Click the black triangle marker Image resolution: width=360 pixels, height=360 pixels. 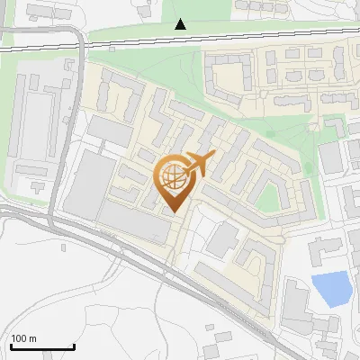tap(181, 24)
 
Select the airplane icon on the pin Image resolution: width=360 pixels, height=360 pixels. tap(199, 165)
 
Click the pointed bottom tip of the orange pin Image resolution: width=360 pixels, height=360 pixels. tap(174, 211)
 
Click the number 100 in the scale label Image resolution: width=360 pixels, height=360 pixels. tap(19, 338)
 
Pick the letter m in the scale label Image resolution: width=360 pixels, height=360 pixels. tap(32, 338)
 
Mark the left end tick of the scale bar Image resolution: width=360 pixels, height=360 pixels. tap(11, 346)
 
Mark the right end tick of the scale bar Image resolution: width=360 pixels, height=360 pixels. tap(74, 346)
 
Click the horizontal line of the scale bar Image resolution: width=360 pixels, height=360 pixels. tap(42, 347)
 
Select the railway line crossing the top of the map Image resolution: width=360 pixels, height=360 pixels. tap(270, 38)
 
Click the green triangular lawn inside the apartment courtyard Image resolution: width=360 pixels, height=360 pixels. tap(269, 194)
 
